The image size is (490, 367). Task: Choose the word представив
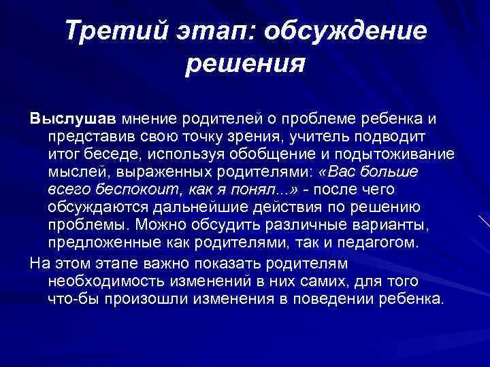click(88, 137)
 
